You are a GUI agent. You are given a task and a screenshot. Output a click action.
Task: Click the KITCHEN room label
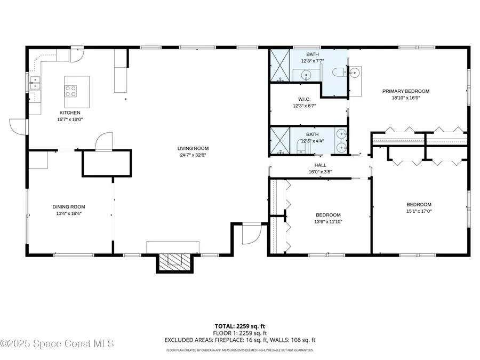[70, 113]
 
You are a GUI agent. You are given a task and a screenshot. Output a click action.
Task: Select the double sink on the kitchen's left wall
[35, 83]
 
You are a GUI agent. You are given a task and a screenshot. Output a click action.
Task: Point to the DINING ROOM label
[68, 207]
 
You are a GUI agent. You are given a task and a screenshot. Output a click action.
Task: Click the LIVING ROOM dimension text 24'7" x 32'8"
[193, 156]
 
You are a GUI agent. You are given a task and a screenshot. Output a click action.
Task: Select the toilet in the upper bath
[339, 73]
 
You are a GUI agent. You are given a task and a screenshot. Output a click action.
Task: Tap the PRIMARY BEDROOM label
[405, 91]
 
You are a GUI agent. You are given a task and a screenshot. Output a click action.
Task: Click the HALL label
[320, 165]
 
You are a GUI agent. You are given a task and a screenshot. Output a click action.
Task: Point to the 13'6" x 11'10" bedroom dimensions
[327, 222]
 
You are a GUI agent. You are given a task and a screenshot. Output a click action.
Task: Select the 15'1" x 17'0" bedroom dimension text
[419, 211]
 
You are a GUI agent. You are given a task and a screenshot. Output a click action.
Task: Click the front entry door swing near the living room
[251, 234]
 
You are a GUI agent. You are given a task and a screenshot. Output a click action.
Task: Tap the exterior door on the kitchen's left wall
[18, 126]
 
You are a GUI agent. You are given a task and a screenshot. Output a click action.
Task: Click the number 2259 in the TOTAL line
[243, 325]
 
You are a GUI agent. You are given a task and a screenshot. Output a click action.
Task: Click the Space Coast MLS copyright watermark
[57, 344]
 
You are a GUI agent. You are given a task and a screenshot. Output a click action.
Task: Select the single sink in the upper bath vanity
[305, 76]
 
